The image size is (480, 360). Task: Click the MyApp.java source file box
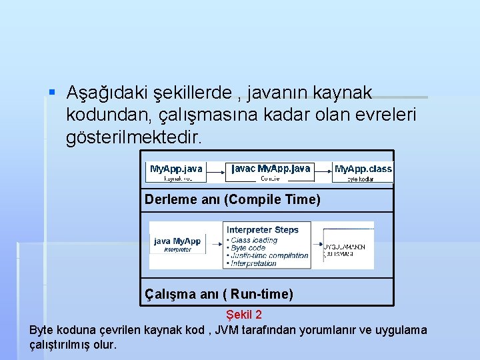pyautogui.click(x=176, y=172)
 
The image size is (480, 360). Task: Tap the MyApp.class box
pyautogui.click(x=363, y=172)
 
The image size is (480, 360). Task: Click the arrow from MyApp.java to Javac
pyautogui.click(x=215, y=173)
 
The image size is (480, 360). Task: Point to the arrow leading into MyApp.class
pyautogui.click(x=323, y=173)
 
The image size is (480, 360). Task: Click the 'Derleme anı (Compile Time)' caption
pyautogui.click(x=233, y=199)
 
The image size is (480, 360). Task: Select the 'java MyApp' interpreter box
pyautogui.click(x=177, y=244)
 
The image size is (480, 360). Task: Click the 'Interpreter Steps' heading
pyautogui.click(x=263, y=230)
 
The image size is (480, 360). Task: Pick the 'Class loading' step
pyautogui.click(x=254, y=240)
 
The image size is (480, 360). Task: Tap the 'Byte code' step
pyautogui.click(x=247, y=248)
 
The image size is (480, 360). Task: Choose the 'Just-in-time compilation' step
pyautogui.click(x=269, y=255)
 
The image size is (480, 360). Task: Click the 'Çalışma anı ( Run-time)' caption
pyautogui.click(x=219, y=294)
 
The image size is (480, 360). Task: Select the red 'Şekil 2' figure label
pyautogui.click(x=244, y=314)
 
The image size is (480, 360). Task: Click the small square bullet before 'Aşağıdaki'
pyautogui.click(x=52, y=93)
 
